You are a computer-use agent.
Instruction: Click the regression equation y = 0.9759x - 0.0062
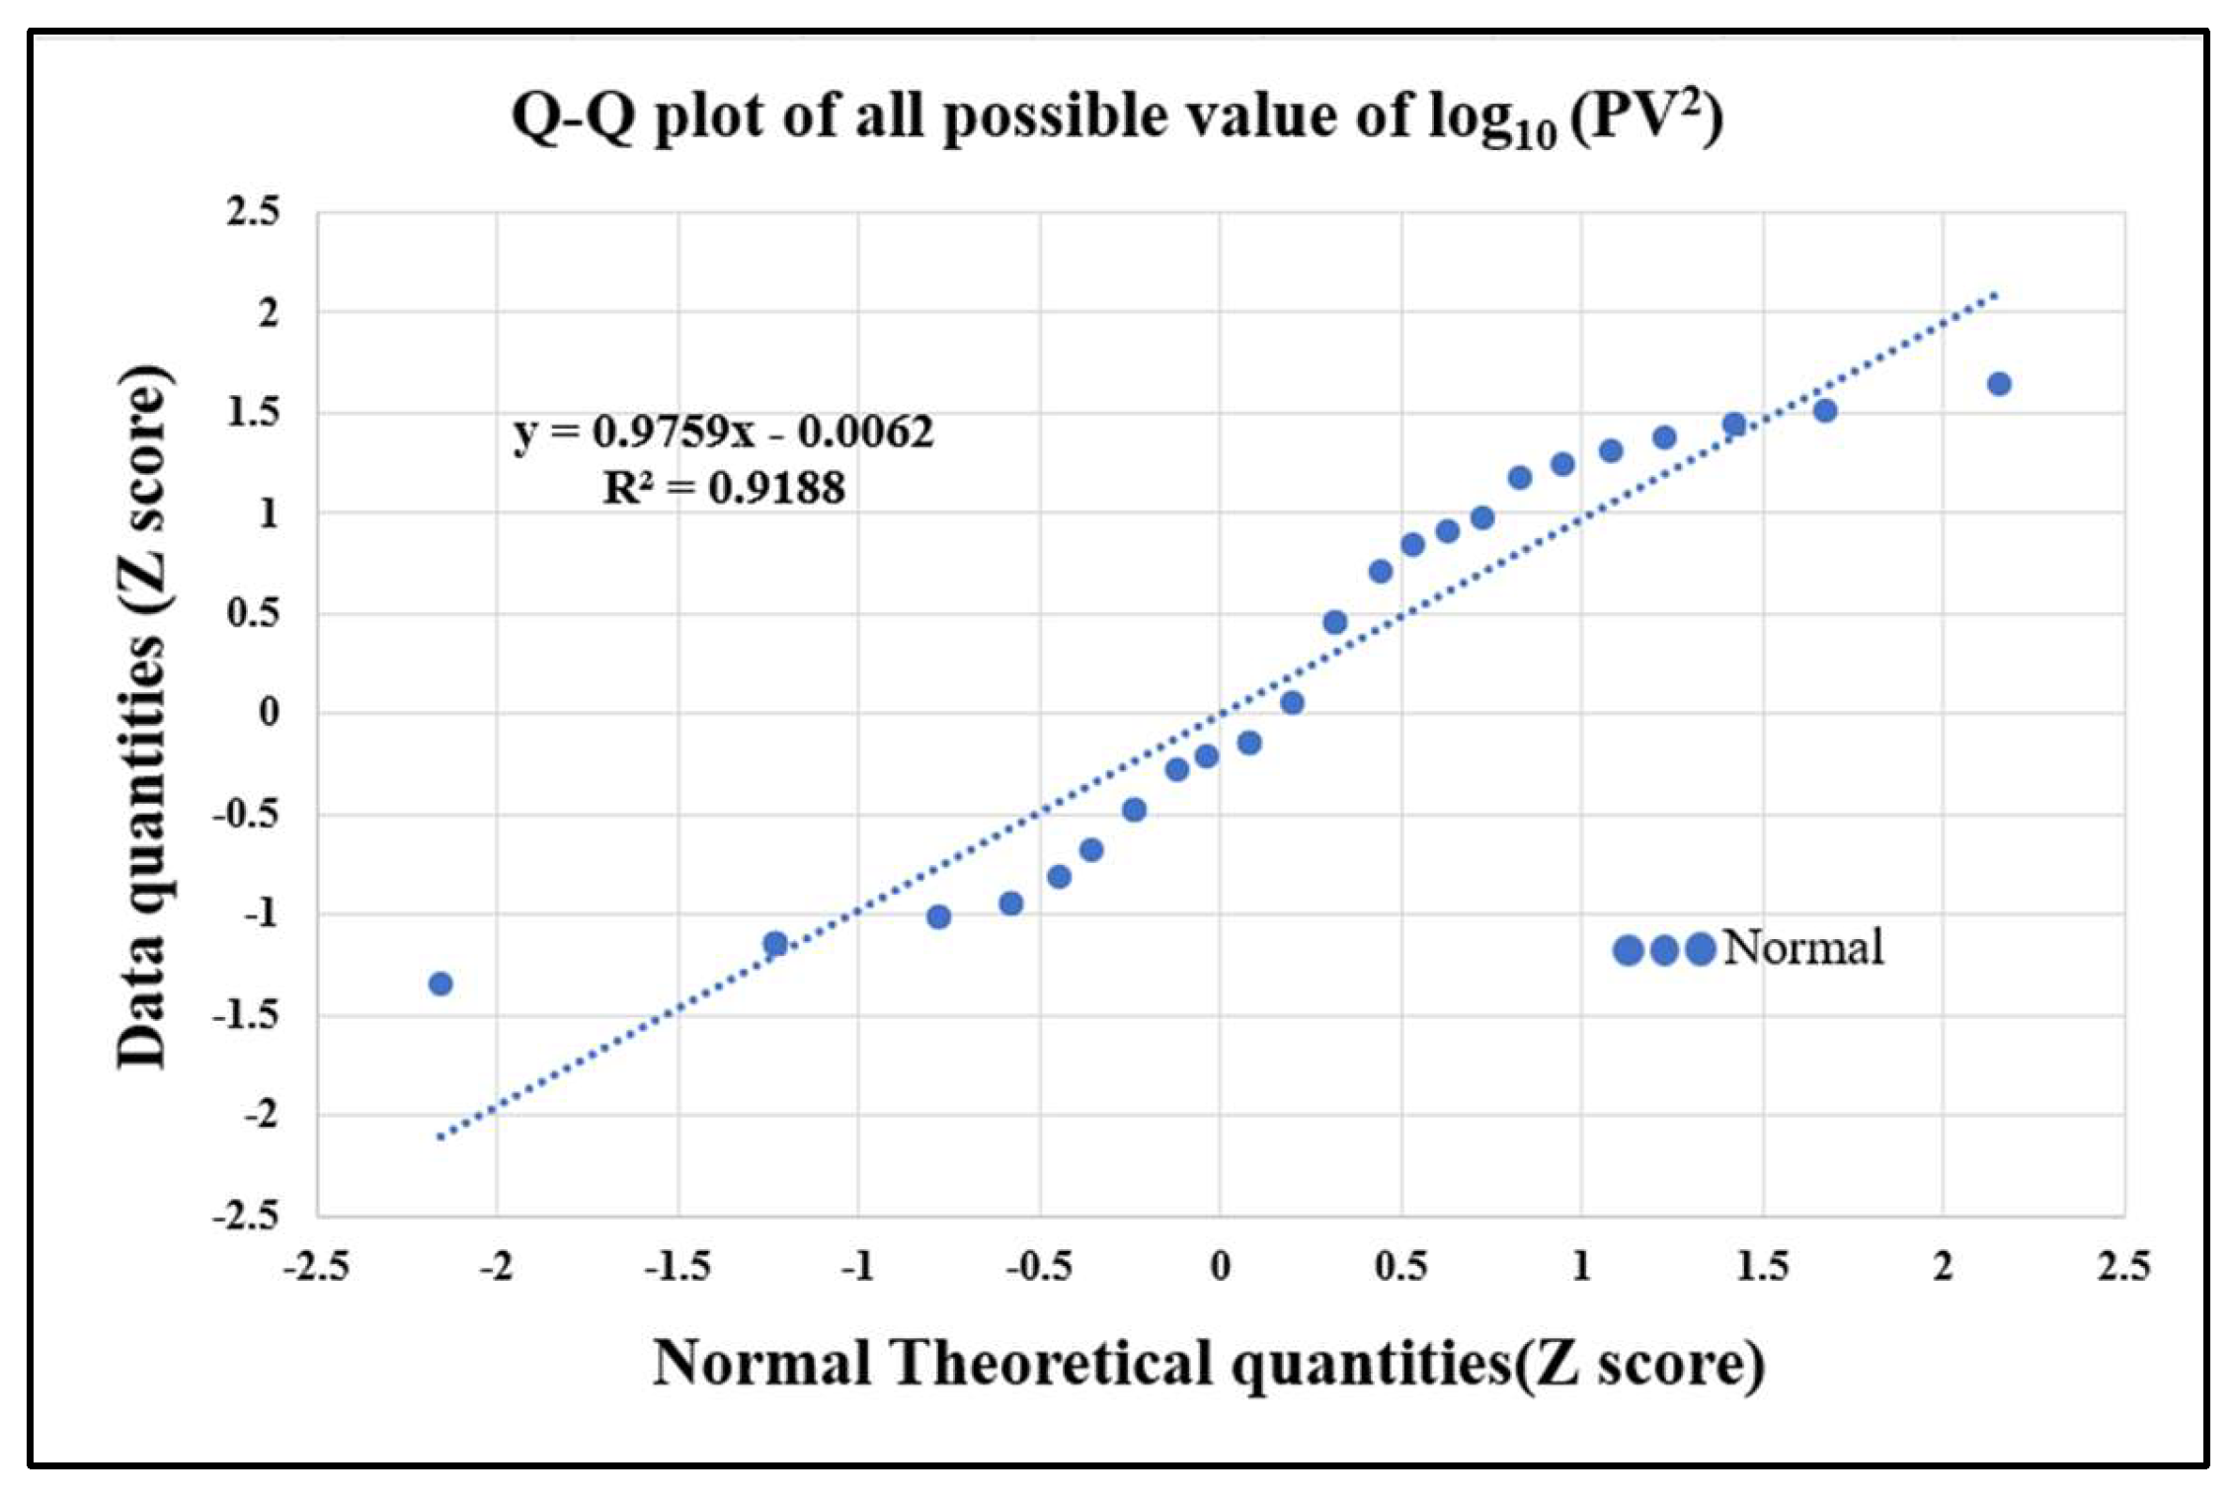click(723, 432)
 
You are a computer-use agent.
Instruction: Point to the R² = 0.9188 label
click(723, 488)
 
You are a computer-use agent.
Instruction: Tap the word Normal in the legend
click(1802, 948)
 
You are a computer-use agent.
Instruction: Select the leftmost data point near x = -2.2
click(440, 984)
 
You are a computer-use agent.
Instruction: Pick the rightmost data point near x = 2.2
click(1999, 384)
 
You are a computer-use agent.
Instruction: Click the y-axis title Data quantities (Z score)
click(141, 716)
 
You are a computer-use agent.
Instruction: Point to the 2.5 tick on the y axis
click(253, 211)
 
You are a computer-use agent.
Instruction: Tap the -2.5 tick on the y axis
click(246, 1216)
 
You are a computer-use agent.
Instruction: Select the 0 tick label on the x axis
click(1220, 1266)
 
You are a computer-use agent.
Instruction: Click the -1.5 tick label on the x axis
click(678, 1266)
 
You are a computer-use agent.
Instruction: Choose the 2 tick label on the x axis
click(1943, 1266)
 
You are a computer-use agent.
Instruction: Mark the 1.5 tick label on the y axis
click(253, 413)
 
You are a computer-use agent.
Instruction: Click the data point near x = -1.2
click(775, 943)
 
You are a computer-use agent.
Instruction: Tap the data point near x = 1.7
click(1825, 410)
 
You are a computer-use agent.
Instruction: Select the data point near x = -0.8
click(938, 916)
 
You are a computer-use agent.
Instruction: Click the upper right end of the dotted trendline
click(1997, 293)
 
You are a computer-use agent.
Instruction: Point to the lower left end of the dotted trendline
click(440, 1137)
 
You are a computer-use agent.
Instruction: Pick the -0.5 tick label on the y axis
click(246, 815)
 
